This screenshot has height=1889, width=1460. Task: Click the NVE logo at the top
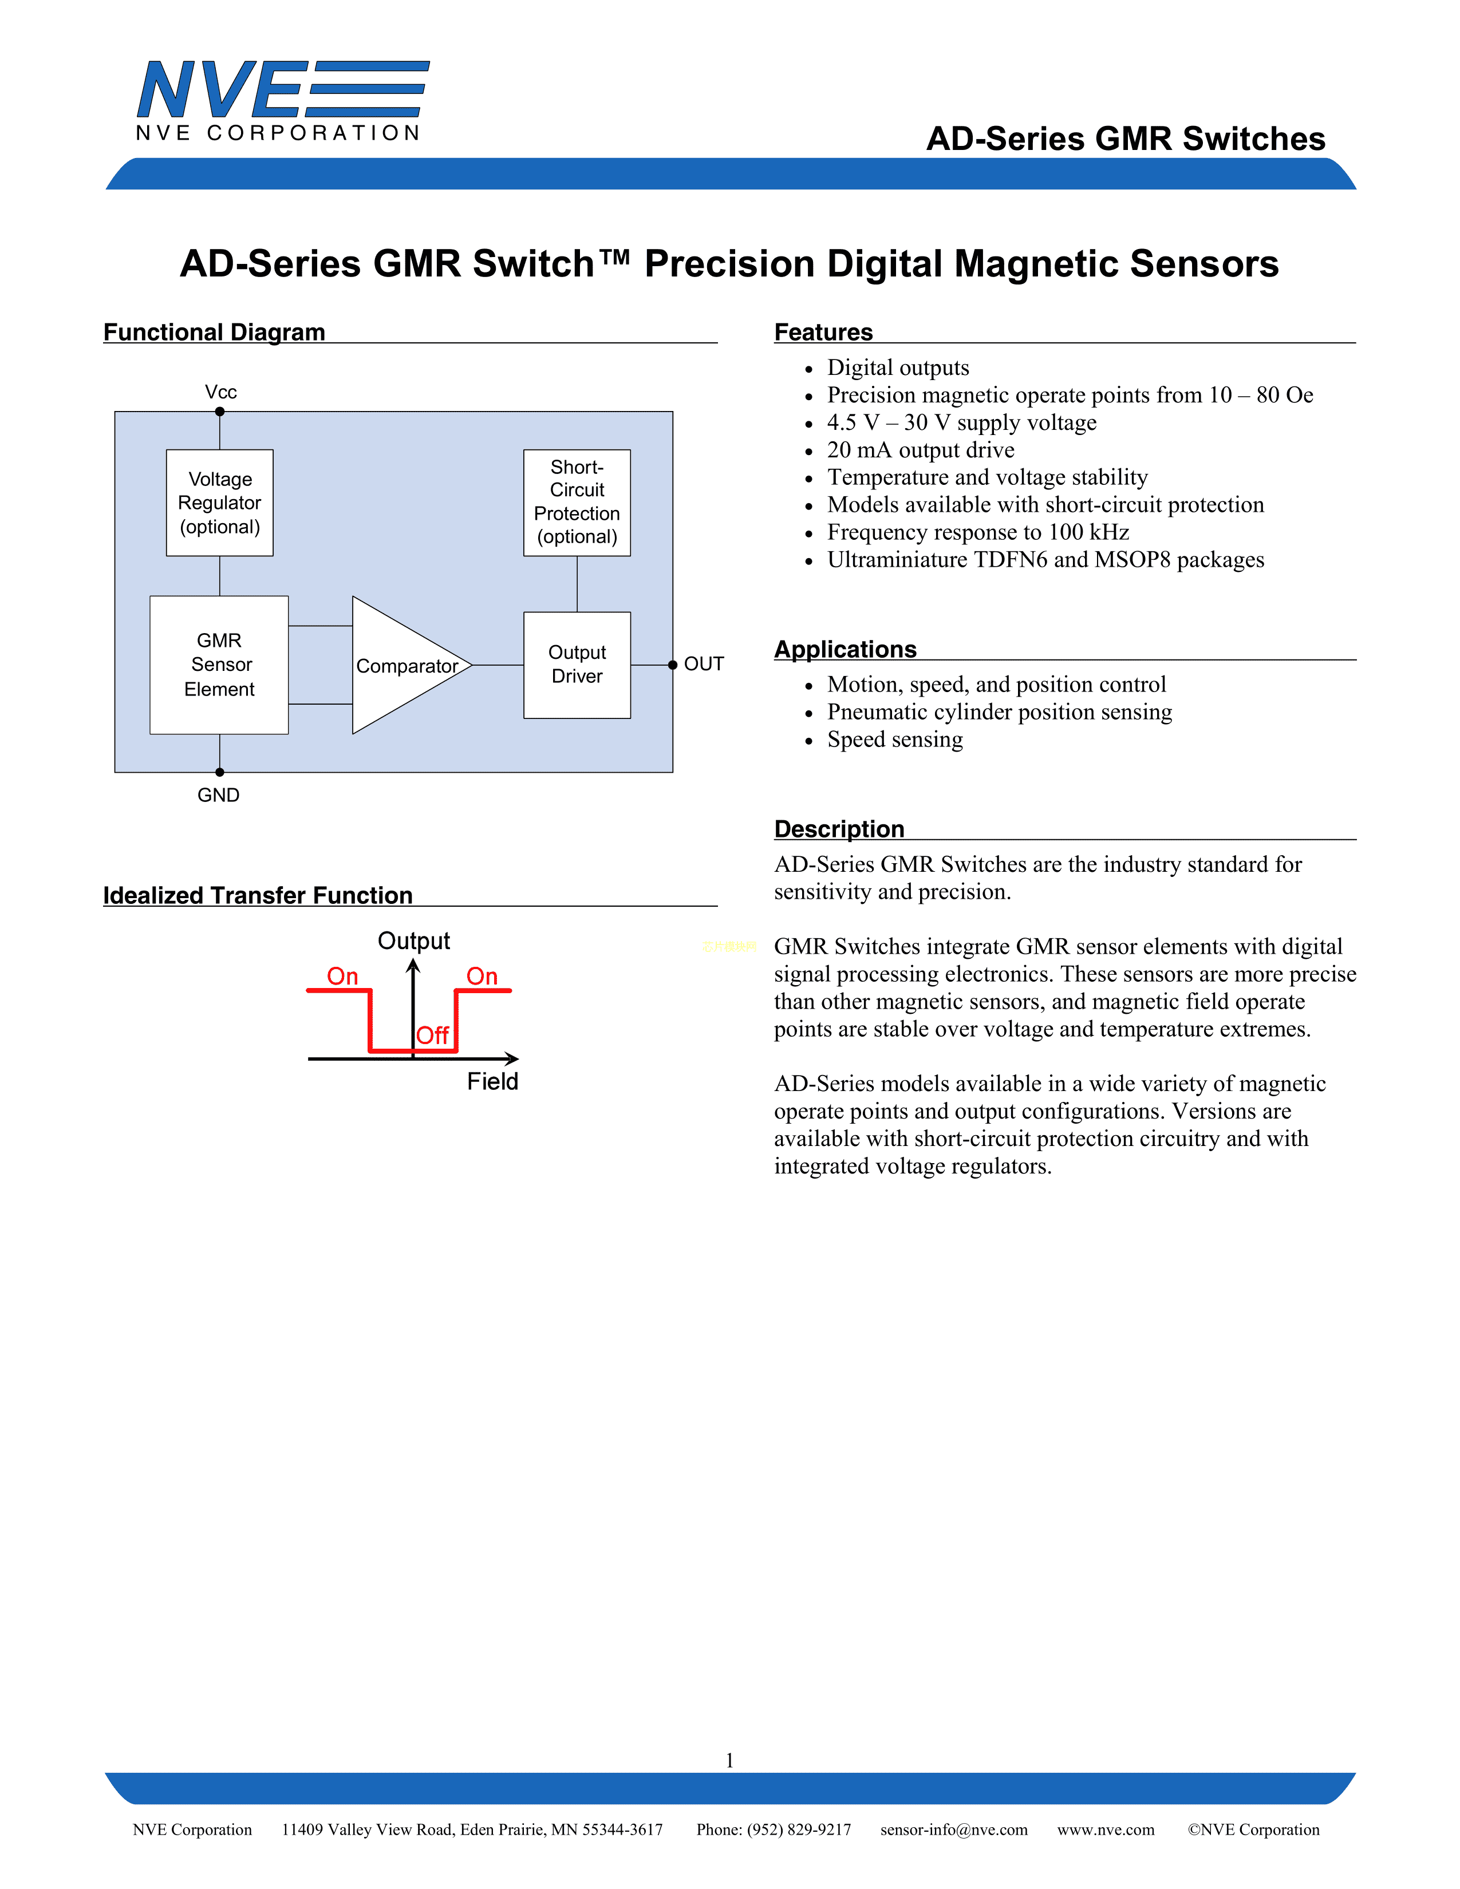281,100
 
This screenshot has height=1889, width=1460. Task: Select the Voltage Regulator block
220,503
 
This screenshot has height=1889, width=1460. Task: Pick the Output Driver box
577,664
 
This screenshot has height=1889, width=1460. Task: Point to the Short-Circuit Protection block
577,501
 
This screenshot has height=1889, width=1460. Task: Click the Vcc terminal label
220,392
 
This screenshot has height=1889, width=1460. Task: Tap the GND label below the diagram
218,795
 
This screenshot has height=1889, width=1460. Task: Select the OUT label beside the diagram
703,663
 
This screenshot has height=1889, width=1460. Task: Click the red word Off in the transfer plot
432,1036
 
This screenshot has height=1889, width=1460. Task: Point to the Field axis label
492,1081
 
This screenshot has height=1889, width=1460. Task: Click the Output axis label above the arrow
413,940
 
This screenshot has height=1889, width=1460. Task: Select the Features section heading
823,332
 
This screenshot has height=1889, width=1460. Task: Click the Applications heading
845,649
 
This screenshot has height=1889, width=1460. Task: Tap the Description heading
839,829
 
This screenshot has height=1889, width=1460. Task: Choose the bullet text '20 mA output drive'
920,450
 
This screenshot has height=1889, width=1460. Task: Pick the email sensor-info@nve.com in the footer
954,1829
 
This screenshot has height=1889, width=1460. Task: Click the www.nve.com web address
1106,1829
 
